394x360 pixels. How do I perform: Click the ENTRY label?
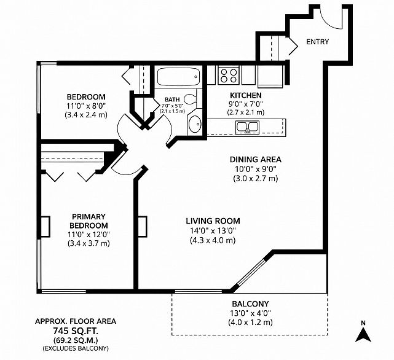coord(317,42)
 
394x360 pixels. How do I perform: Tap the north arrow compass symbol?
coord(363,332)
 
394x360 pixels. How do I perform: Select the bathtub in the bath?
coord(178,77)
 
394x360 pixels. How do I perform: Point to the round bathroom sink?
coord(195,123)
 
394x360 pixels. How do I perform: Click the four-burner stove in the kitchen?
coord(229,76)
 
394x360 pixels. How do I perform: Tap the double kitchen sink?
coord(247,127)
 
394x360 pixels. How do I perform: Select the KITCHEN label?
coord(246,95)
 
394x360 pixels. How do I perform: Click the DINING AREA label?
coord(256,160)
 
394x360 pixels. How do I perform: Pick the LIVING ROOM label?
coord(213,221)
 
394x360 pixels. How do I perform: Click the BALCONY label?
coord(250,304)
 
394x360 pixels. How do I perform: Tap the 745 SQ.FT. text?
coord(76,331)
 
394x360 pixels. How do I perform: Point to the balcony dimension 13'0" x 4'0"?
coord(250,313)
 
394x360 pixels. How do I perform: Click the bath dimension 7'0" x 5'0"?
coord(172,106)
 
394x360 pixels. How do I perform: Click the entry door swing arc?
coord(327,20)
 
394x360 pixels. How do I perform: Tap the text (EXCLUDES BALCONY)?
coord(76,348)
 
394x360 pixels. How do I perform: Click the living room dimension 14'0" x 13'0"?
coord(213,230)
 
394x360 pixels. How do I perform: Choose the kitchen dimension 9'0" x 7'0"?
coord(246,104)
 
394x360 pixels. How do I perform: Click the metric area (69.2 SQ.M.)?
coord(76,340)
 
